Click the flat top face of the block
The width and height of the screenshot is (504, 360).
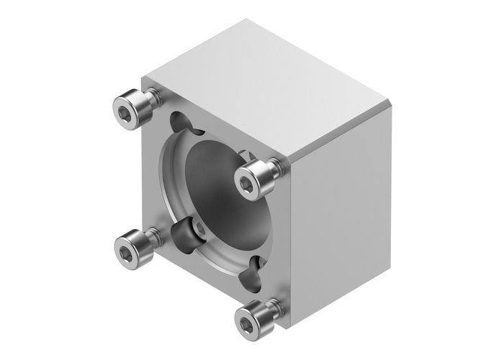pyautogui.click(x=266, y=86)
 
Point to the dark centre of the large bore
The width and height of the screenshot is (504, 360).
pyautogui.click(x=216, y=180)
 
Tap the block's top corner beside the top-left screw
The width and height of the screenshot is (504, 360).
pyautogui.click(x=144, y=77)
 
